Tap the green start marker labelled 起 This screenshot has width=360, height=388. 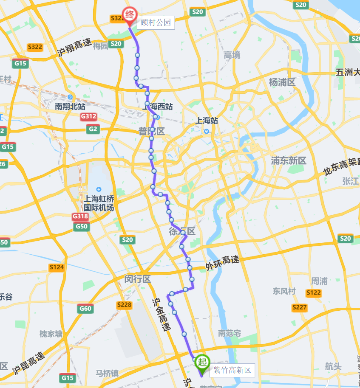tap(202, 362)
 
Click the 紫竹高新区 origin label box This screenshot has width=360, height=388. tap(232, 370)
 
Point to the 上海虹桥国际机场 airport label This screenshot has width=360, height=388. tap(99, 203)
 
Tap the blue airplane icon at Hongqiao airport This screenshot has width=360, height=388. tap(99, 189)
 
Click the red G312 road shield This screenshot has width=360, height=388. tap(89, 117)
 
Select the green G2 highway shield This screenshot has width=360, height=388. tap(93, 129)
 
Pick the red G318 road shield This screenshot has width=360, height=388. tap(80, 216)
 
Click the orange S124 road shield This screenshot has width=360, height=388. tap(57, 267)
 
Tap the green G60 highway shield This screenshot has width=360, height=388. tap(85, 309)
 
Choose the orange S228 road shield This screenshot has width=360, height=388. tap(124, 305)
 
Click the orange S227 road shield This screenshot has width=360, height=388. tap(300, 307)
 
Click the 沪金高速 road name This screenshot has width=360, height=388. tap(162, 314)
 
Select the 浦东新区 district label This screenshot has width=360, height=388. tap(289, 160)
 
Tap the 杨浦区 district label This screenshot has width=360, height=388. tap(282, 82)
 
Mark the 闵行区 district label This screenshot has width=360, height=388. tap(138, 279)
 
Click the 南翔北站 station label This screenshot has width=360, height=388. tap(70, 107)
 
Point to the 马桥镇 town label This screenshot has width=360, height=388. tap(107, 373)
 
